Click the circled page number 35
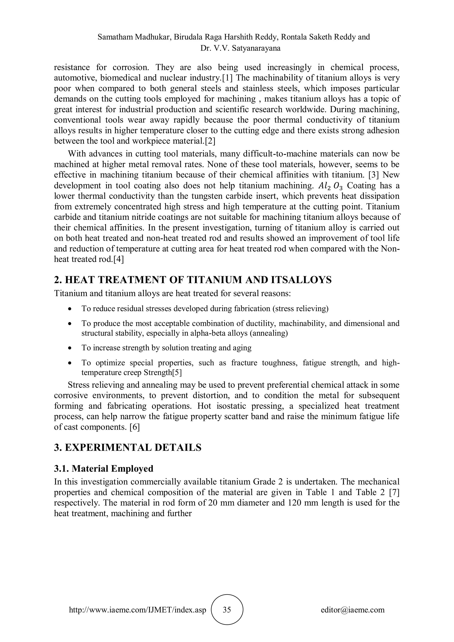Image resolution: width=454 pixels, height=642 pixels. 227,610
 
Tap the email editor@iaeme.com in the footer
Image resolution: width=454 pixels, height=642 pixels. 352,610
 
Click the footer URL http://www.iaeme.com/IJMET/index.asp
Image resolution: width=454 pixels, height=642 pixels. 137,610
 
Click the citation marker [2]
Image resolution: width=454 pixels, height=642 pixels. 210,141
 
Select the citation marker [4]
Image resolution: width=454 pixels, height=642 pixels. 118,259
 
